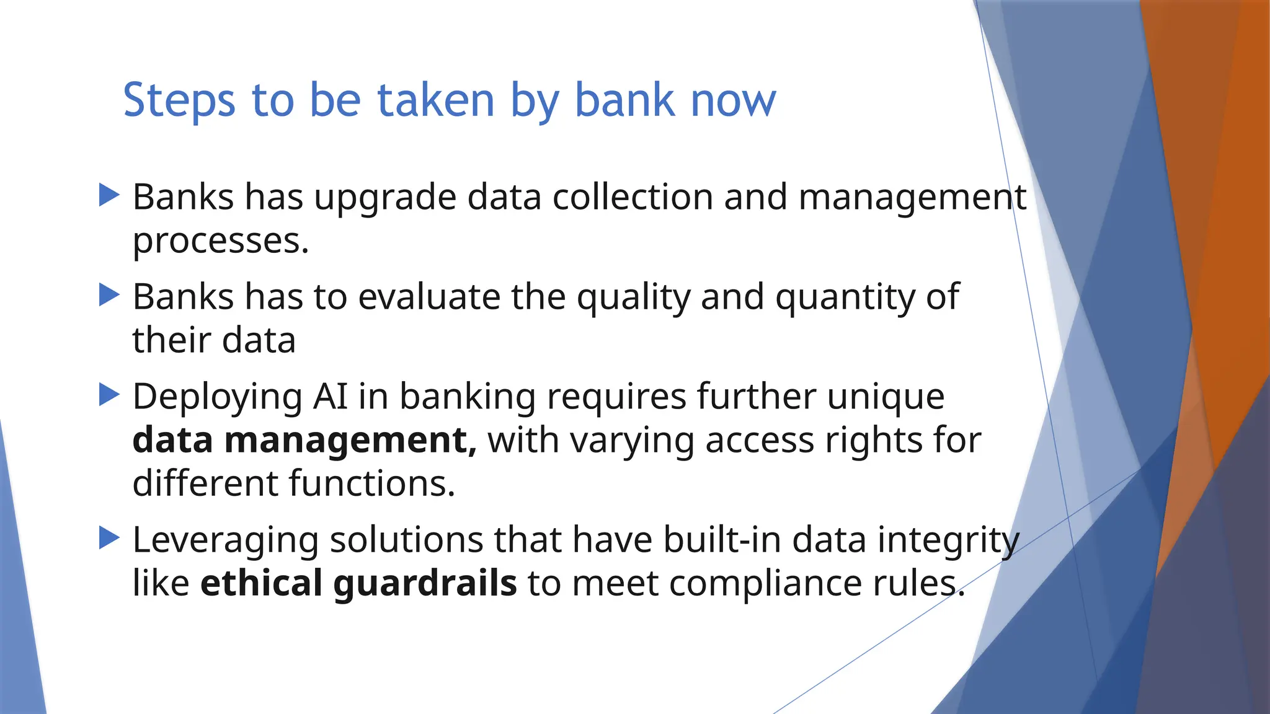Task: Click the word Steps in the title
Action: click(x=179, y=100)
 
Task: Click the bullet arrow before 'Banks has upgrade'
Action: click(x=109, y=195)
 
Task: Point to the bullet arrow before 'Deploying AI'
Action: click(x=109, y=395)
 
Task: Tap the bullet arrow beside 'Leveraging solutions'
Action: click(x=109, y=538)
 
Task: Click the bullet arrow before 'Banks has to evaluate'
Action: click(x=109, y=294)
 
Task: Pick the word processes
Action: click(x=220, y=242)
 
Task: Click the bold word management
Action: click(x=350, y=441)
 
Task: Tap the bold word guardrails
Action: click(x=425, y=584)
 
